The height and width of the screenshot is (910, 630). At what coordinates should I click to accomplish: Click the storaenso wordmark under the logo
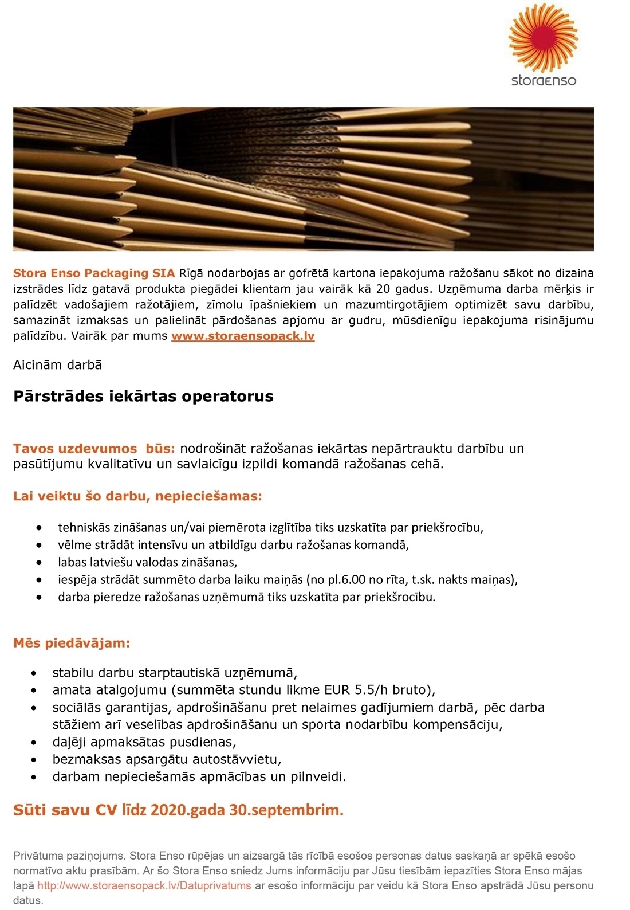point(544,80)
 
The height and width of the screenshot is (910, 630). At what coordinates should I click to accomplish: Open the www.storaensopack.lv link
point(243,336)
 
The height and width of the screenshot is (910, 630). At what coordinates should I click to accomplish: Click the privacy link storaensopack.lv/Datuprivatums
point(144,885)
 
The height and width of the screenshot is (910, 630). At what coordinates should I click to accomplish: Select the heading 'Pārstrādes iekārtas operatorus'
point(143,396)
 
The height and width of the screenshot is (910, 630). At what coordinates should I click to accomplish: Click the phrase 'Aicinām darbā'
point(57,365)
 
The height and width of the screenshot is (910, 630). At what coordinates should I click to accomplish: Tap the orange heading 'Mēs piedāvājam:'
point(72,643)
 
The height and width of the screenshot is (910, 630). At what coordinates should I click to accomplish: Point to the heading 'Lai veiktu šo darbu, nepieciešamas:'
point(137,496)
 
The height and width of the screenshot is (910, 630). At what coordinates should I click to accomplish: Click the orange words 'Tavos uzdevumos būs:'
point(94,448)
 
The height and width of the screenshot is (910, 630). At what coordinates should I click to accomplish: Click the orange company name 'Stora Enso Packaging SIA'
point(94,273)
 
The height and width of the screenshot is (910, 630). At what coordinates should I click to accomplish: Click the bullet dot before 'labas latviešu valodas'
point(39,562)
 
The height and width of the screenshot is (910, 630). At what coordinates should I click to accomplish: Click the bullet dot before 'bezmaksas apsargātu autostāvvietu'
point(36,760)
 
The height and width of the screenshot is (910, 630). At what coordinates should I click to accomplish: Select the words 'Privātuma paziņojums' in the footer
point(69,856)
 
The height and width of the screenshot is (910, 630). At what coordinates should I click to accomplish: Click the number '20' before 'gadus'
point(383,289)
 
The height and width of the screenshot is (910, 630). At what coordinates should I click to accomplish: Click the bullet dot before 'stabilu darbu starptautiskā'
point(36,673)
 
